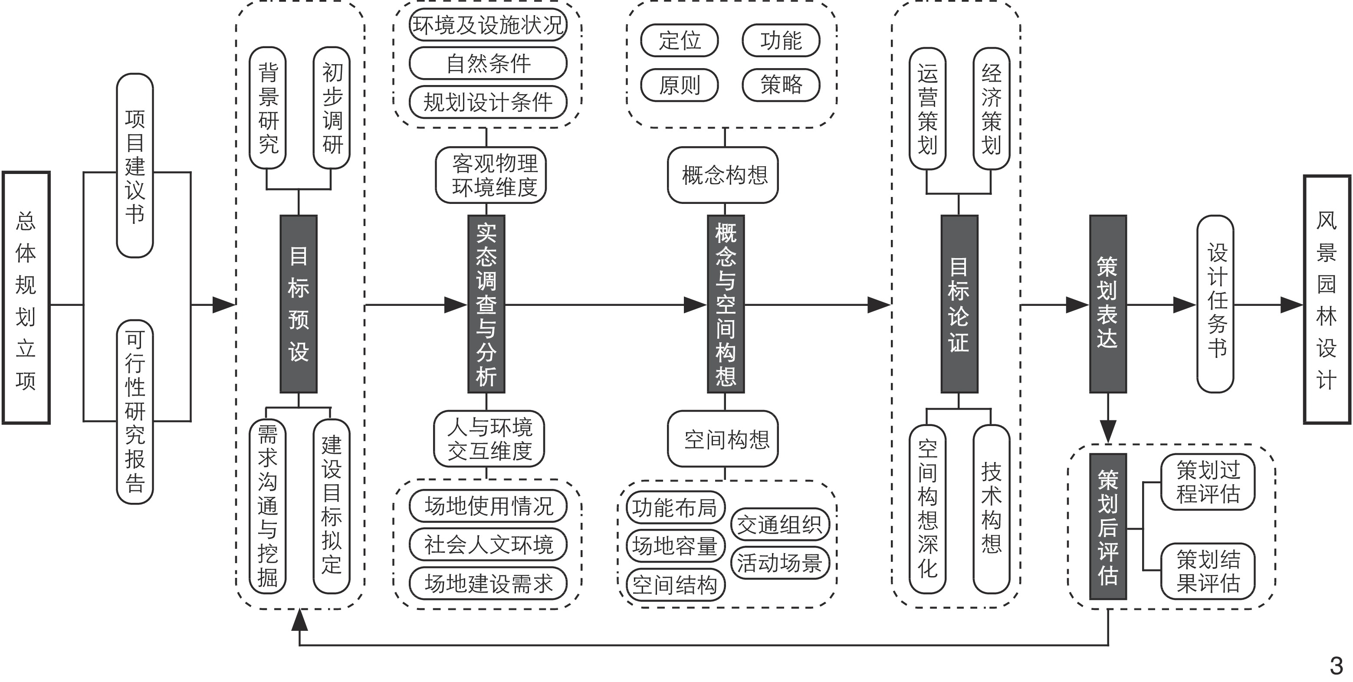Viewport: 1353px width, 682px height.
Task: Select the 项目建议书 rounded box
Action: pos(135,165)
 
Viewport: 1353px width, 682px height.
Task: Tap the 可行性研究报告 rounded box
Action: pos(135,412)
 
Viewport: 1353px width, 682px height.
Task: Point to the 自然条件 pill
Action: pos(488,63)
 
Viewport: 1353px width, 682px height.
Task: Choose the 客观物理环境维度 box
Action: pos(491,175)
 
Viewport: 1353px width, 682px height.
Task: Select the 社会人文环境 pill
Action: pos(488,544)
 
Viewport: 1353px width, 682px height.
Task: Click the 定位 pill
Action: pos(679,40)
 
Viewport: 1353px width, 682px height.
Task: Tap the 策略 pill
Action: pos(781,85)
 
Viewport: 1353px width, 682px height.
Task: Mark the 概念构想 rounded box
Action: pos(723,175)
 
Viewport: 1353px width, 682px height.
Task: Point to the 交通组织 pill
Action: pos(780,525)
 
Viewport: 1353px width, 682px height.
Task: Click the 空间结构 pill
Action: pos(676,584)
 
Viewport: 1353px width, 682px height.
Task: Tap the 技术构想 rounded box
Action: pos(991,508)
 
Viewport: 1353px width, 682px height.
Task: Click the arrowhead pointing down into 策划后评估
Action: pos(1108,432)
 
